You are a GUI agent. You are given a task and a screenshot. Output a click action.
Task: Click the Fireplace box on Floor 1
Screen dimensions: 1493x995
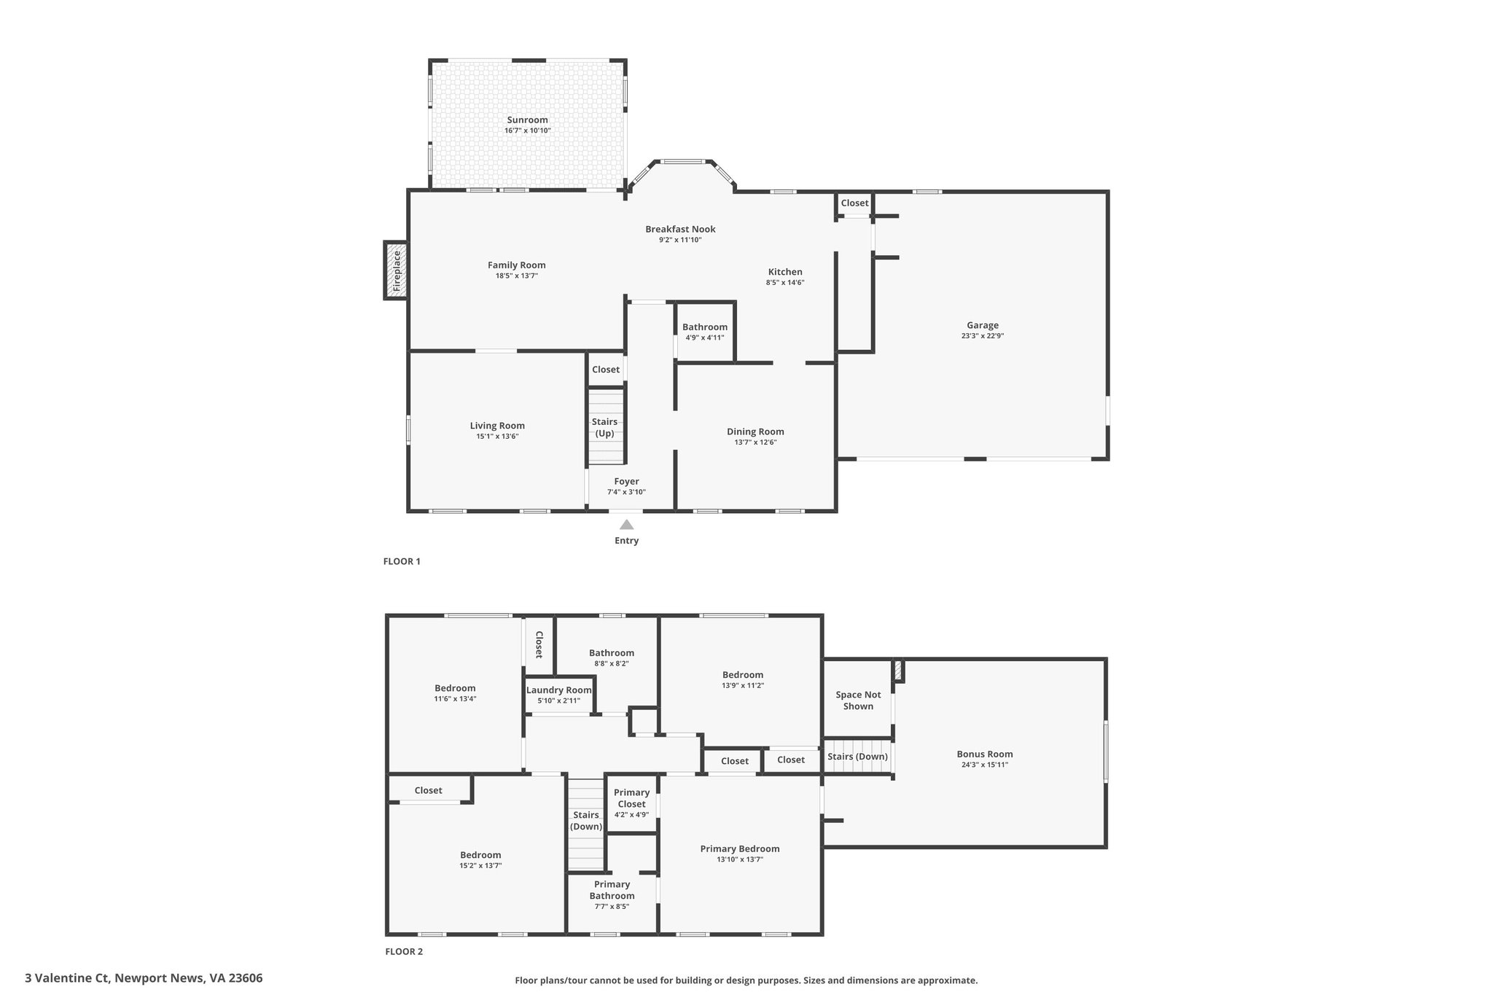tap(396, 270)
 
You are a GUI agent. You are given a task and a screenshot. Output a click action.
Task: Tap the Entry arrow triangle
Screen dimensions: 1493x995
tap(626, 524)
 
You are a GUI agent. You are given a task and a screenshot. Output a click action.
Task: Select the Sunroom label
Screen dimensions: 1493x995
tap(527, 120)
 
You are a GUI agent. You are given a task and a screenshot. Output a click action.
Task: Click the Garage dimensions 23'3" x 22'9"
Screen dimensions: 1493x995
tap(983, 336)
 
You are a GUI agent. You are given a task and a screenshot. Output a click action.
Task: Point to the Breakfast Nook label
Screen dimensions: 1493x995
tap(680, 229)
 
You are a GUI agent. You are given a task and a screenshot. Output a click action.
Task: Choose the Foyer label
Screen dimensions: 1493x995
tap(626, 481)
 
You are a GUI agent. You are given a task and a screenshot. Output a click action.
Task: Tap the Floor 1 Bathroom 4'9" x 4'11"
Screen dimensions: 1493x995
tap(704, 332)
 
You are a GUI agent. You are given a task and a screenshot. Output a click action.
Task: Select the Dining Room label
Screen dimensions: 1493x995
tap(755, 432)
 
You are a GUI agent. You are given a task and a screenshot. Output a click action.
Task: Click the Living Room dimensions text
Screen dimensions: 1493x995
tap(497, 437)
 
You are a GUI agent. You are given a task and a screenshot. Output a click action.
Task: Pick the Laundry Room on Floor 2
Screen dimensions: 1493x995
tap(559, 695)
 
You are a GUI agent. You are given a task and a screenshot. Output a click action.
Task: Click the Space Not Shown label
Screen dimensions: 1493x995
tap(858, 701)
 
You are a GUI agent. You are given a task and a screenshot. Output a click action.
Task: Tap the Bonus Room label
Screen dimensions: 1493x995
tap(985, 754)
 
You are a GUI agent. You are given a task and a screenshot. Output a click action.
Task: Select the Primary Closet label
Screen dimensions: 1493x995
tap(631, 798)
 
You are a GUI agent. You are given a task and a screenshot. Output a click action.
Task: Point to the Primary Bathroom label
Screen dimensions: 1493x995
tap(612, 890)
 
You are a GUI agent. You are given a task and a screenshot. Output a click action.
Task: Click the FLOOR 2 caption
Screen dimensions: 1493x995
tap(404, 951)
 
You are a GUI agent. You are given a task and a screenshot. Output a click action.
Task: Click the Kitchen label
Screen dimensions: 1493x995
tap(785, 272)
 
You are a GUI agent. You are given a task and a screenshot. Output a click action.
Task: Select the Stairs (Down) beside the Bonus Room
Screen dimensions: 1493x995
tap(858, 757)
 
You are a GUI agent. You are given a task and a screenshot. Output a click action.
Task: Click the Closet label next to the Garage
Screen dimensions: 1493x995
tap(854, 203)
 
